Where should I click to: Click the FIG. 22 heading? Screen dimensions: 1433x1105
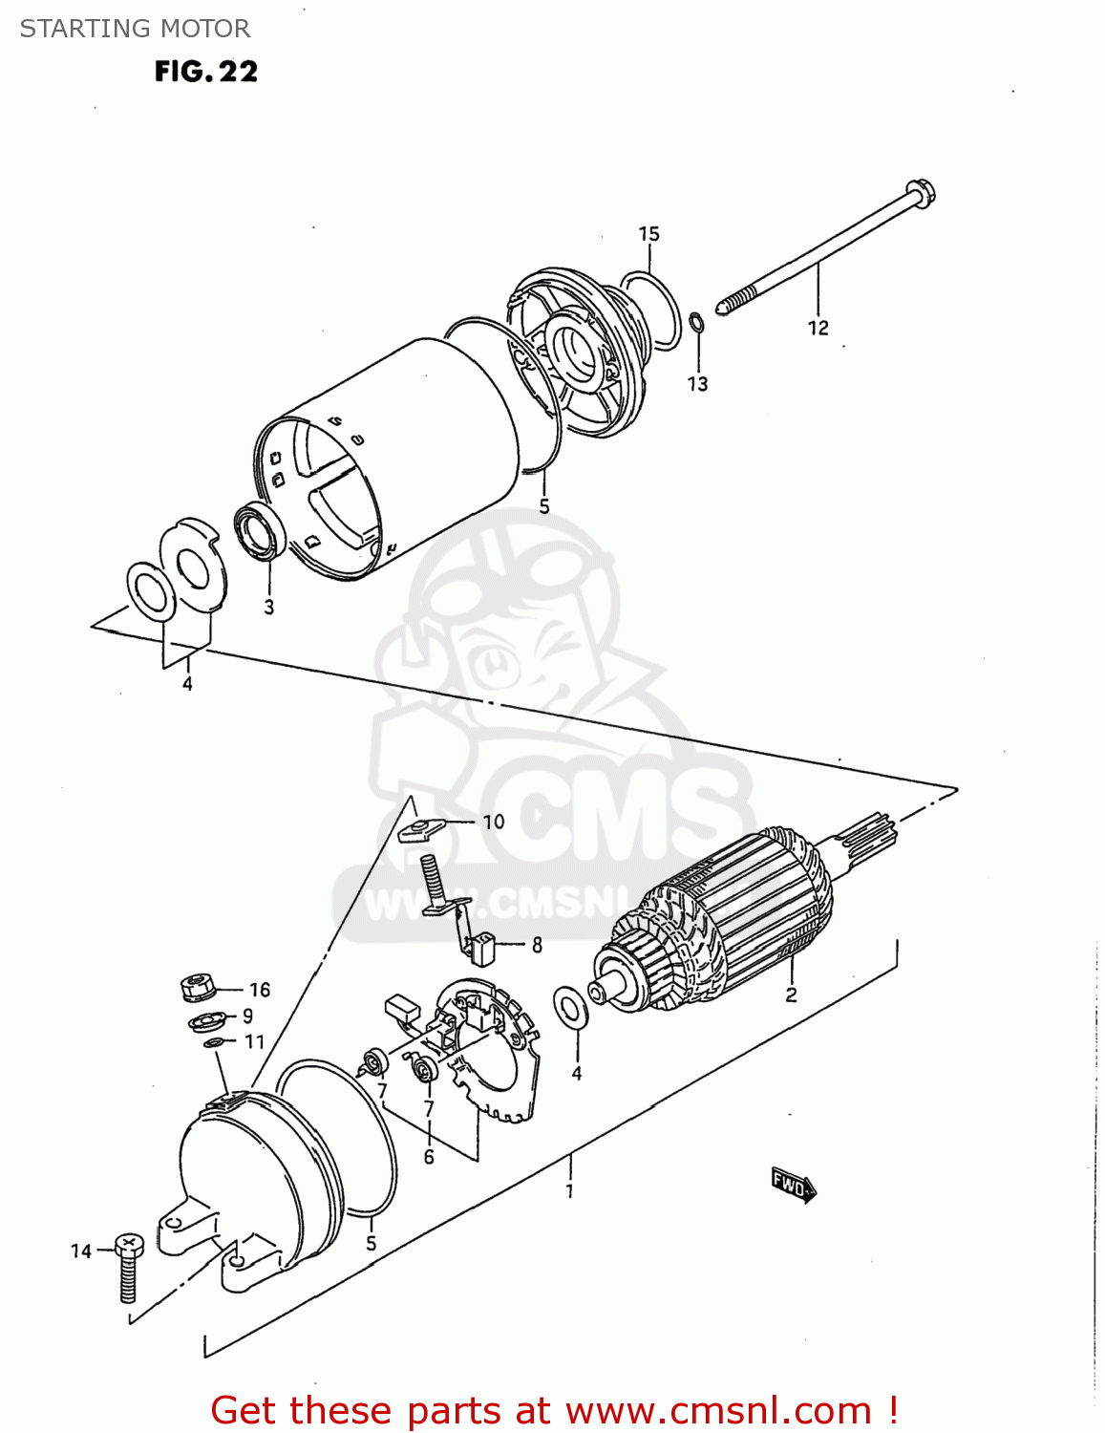[x=206, y=72]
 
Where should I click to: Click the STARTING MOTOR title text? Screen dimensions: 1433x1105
[x=135, y=29]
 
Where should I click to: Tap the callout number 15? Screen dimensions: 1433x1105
[x=648, y=234]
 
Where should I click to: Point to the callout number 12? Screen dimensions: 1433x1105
[x=818, y=328]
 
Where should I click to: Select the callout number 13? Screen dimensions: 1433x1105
[x=698, y=384]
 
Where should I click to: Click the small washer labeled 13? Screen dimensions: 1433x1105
[x=697, y=323]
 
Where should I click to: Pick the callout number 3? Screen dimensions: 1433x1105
[x=269, y=607]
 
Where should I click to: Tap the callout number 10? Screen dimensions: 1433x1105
[x=493, y=822]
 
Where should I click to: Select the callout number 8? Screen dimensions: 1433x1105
[x=537, y=945]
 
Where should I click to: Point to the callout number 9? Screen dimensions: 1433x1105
[x=247, y=1016]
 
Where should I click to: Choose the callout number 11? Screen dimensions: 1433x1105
[x=254, y=1041]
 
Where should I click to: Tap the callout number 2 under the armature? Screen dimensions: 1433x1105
[x=791, y=995]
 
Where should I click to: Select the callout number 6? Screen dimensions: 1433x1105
[x=429, y=1157]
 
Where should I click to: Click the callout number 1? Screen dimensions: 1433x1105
[x=569, y=1191]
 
